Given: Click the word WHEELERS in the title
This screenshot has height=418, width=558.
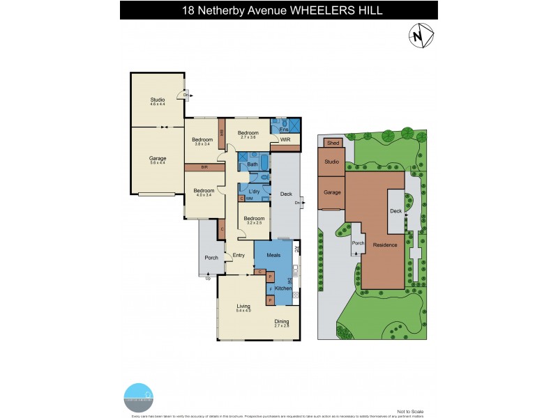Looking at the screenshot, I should tap(322, 10).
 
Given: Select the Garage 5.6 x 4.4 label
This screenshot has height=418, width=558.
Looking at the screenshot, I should tap(157, 160).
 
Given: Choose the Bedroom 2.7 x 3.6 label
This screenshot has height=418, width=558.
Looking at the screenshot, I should tap(248, 135).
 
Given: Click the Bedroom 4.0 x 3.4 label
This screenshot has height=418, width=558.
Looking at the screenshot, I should tap(204, 193).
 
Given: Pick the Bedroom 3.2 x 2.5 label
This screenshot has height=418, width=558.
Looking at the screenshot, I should tap(254, 221).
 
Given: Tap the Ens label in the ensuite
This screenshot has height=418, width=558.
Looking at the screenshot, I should tap(283, 130).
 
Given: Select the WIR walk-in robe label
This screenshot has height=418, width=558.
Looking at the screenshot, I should tap(285, 140).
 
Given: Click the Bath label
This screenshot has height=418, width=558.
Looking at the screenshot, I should tap(252, 164).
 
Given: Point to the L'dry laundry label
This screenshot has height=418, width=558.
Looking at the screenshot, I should tap(254, 188).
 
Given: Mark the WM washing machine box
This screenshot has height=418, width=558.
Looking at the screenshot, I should tap(248, 199).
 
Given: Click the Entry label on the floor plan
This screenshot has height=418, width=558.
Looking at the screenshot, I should tap(239, 256).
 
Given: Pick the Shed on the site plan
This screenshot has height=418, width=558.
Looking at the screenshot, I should tap(333, 143).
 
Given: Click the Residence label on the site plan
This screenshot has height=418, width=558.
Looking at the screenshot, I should tap(384, 245).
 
